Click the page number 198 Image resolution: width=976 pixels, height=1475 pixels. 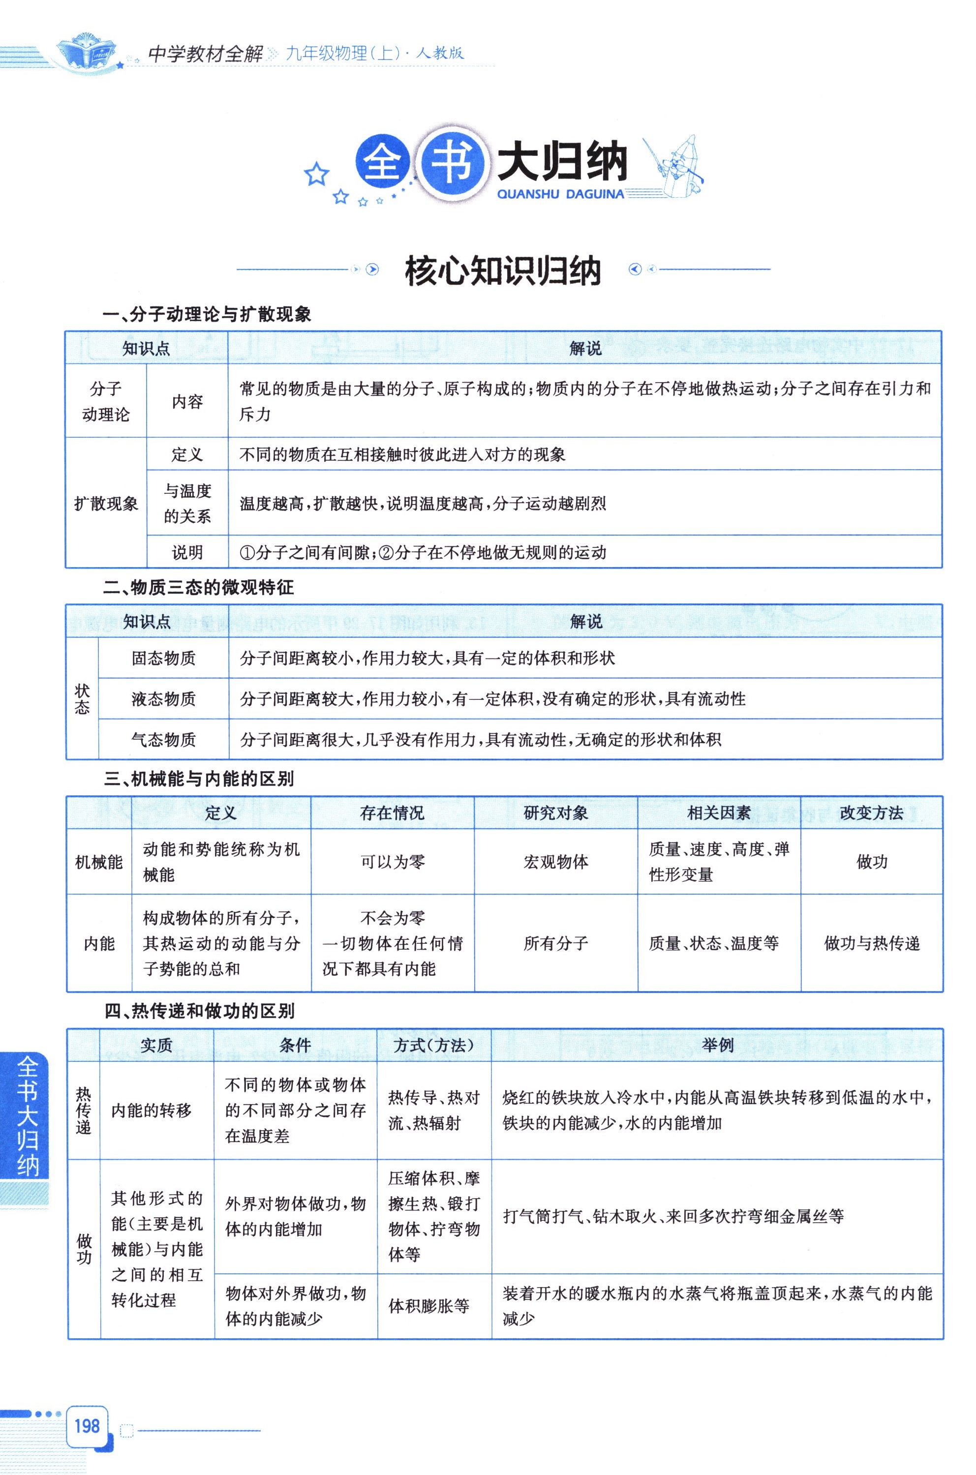(x=87, y=1425)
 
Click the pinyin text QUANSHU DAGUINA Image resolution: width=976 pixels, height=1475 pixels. (x=560, y=194)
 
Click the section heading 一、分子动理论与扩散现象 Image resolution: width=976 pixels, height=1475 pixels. (x=207, y=314)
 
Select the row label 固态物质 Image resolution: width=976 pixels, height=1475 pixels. (x=163, y=658)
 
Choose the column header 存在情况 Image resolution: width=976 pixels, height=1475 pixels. (x=392, y=813)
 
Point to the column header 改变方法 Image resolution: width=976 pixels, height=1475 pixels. (x=871, y=813)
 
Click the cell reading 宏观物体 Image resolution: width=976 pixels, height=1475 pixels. (x=555, y=862)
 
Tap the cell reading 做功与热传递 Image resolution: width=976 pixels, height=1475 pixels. (x=871, y=943)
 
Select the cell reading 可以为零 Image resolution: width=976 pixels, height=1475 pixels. (x=392, y=862)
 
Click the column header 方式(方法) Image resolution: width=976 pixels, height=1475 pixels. (x=433, y=1045)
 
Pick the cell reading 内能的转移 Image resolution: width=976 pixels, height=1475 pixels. (x=151, y=1110)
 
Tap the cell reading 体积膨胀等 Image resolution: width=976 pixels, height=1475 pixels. (x=429, y=1306)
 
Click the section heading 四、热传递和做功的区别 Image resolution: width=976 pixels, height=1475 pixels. (x=199, y=1011)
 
